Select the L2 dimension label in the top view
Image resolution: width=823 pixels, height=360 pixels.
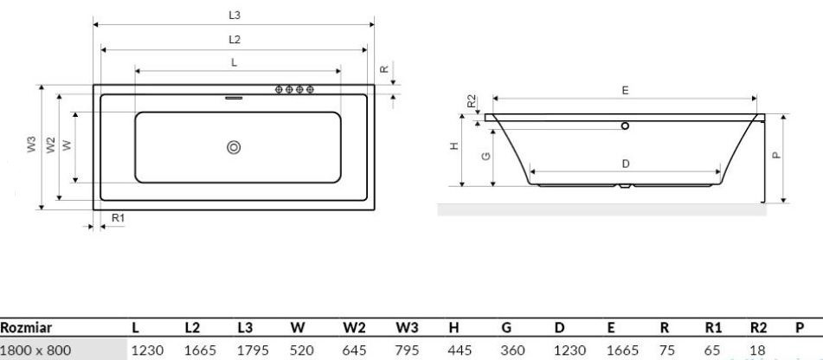(x=235, y=40)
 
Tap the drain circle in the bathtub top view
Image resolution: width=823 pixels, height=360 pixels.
(x=233, y=147)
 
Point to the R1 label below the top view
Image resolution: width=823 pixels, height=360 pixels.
(x=119, y=218)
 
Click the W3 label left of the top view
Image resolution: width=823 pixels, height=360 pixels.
(x=31, y=145)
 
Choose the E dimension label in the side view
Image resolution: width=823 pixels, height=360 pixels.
(x=625, y=90)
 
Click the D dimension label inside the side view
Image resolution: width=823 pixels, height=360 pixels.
(x=625, y=163)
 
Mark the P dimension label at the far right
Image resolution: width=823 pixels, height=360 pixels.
(x=776, y=157)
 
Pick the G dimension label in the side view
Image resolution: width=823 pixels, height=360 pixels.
(x=485, y=156)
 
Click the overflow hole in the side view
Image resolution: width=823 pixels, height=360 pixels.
(x=625, y=125)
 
